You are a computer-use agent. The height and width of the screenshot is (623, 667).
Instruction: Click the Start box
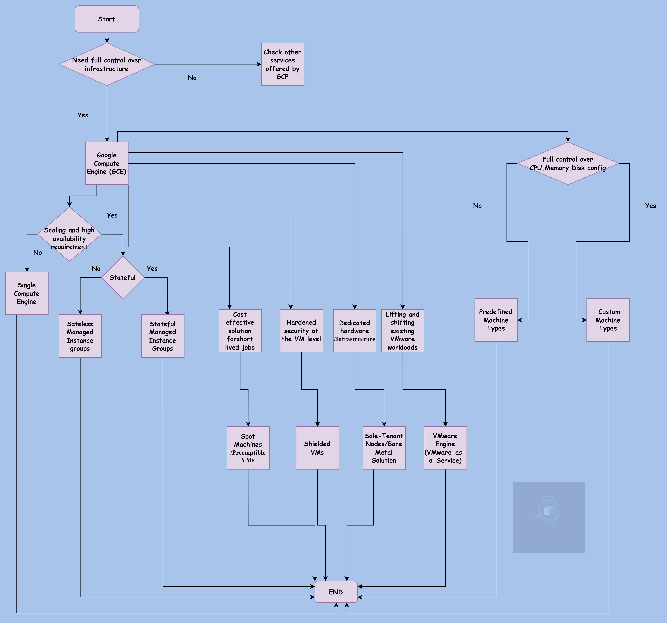coord(107,19)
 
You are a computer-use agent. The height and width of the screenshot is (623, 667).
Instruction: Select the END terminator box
coord(336,592)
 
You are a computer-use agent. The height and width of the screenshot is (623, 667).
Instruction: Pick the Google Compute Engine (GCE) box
coord(107,163)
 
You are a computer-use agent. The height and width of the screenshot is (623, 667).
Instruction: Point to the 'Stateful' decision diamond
coord(123,277)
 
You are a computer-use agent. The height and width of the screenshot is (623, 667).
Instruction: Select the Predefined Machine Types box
coord(496,320)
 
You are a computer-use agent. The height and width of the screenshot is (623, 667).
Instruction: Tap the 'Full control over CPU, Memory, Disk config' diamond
coord(568,163)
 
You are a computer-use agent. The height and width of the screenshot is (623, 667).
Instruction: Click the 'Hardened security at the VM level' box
coord(301,331)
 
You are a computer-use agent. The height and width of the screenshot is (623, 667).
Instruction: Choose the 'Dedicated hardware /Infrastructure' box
coord(355,331)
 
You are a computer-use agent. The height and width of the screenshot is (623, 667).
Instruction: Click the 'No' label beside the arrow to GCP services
coord(192,78)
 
